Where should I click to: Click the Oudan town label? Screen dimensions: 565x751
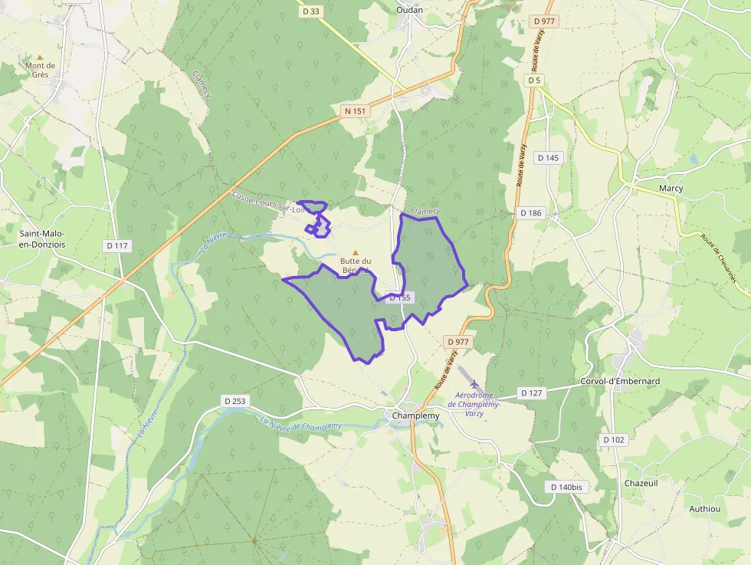coord(410,10)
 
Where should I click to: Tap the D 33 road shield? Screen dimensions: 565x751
coord(310,11)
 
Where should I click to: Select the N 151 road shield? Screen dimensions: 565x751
coord(356,111)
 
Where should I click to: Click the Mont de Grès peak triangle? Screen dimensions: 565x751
coord(40,57)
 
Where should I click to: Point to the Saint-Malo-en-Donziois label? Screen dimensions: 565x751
coord(42,238)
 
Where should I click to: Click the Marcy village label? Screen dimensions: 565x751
coord(671,188)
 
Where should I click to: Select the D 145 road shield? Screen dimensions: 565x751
coord(549,158)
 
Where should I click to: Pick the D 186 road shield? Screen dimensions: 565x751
coord(530,212)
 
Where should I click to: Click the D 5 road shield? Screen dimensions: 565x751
coord(534,80)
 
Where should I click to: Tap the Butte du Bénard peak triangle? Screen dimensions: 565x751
coord(355,252)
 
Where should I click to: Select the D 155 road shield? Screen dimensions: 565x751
coord(400,297)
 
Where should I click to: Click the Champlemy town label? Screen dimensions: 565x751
coord(415,416)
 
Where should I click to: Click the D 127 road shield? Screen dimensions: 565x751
coord(531,393)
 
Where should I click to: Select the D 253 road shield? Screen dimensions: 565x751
coord(234,401)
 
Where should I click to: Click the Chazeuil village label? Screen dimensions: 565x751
coord(641,483)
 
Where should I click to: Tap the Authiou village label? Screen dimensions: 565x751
coord(704,508)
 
